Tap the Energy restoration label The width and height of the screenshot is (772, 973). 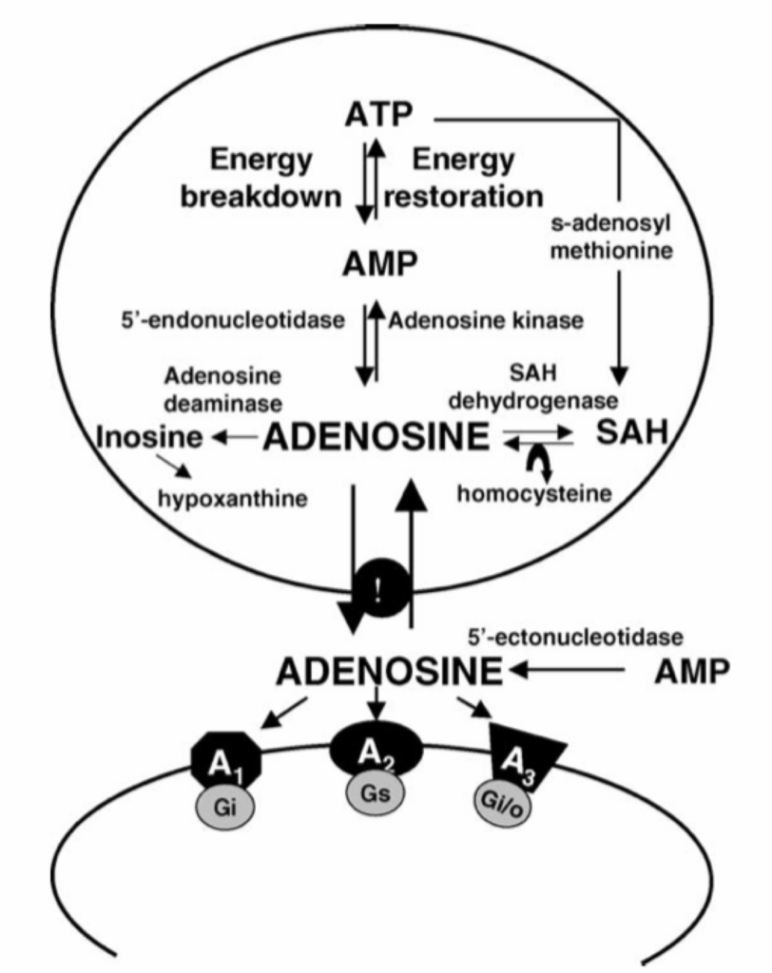(466, 179)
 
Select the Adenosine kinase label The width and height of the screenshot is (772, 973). (482, 321)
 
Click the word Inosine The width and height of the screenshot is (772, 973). (149, 438)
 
